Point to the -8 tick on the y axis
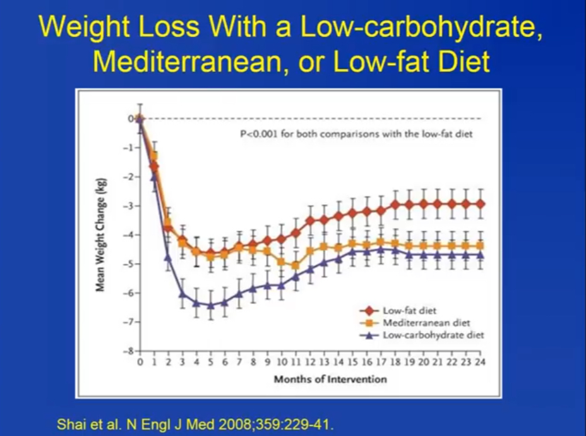point(131,351)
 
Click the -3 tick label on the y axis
point(131,206)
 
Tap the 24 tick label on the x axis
point(481,363)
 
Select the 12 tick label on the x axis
point(310,363)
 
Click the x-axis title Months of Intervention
point(330,380)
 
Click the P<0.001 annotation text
point(357,134)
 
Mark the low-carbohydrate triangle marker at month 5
point(210,305)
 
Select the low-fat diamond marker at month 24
point(481,204)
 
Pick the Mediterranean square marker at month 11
point(296,265)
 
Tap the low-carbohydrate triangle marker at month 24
point(481,254)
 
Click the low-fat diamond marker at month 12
point(310,221)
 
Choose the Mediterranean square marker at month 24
point(481,245)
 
